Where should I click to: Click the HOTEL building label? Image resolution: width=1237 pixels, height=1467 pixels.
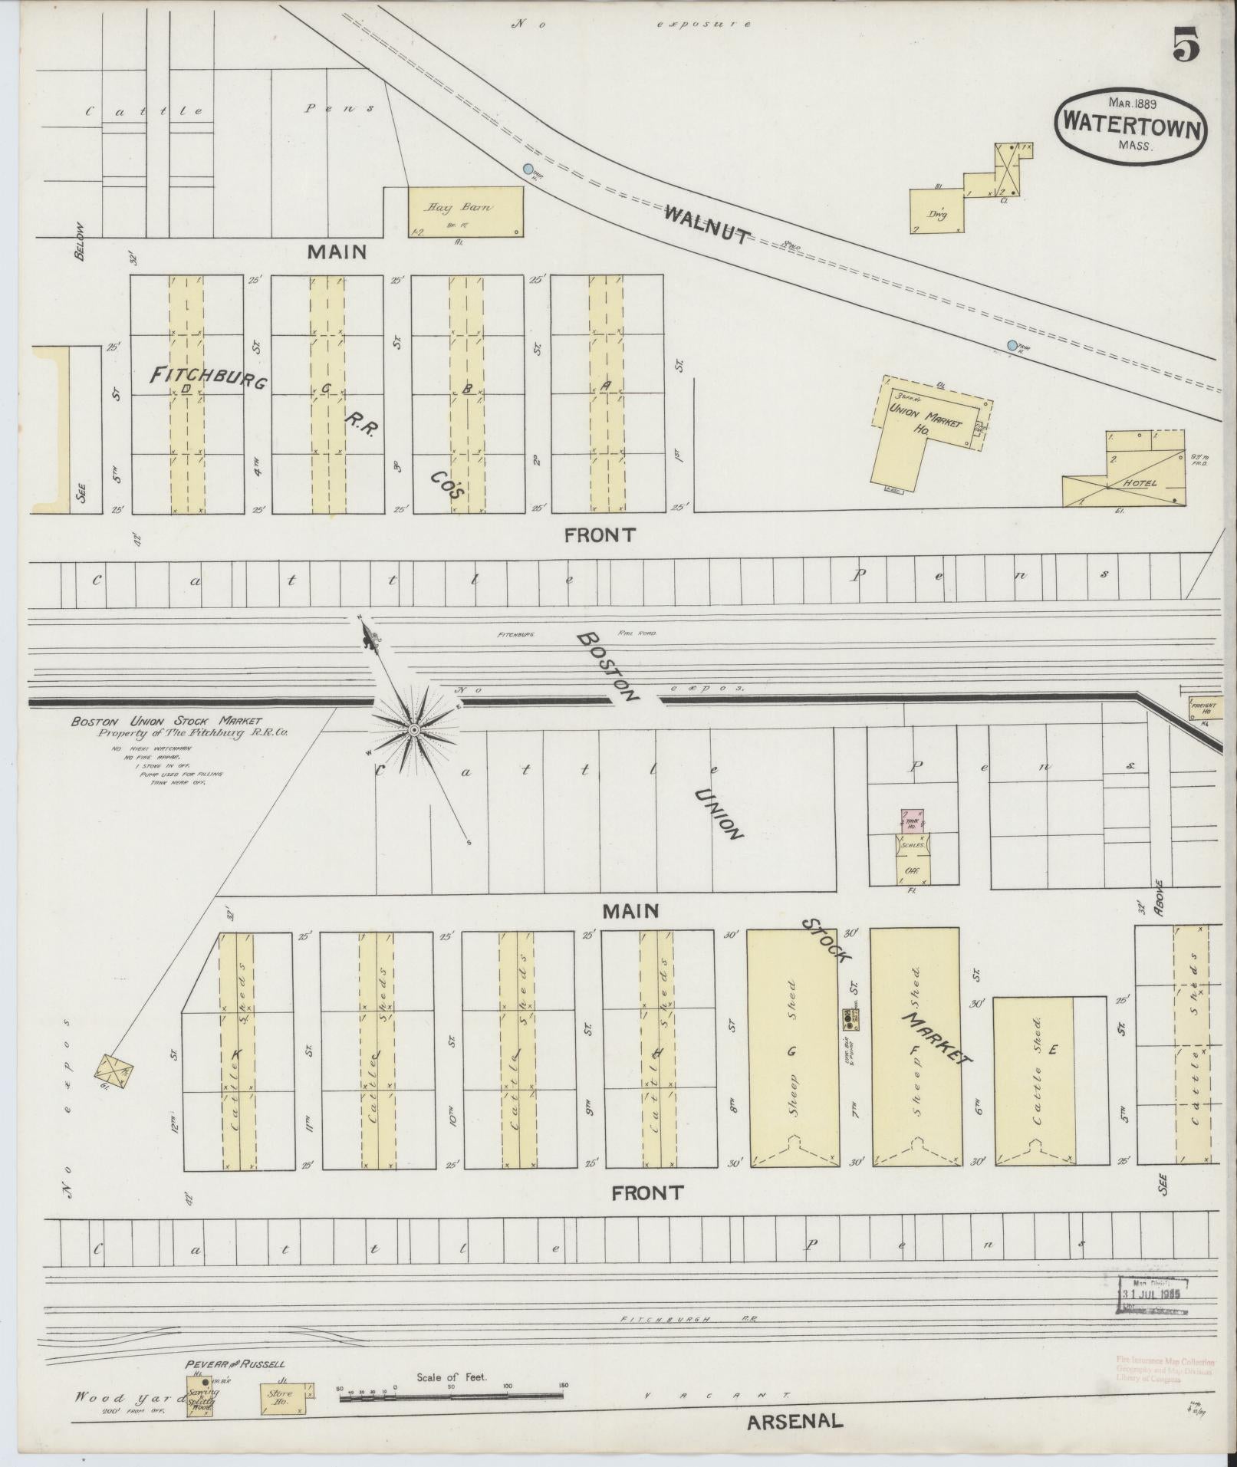(x=1140, y=483)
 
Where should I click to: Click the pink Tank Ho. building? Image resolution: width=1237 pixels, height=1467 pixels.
(x=912, y=820)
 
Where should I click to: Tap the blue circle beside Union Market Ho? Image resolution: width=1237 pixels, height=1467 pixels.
(x=1014, y=346)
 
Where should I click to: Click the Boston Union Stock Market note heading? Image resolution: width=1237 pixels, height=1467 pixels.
(x=166, y=721)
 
